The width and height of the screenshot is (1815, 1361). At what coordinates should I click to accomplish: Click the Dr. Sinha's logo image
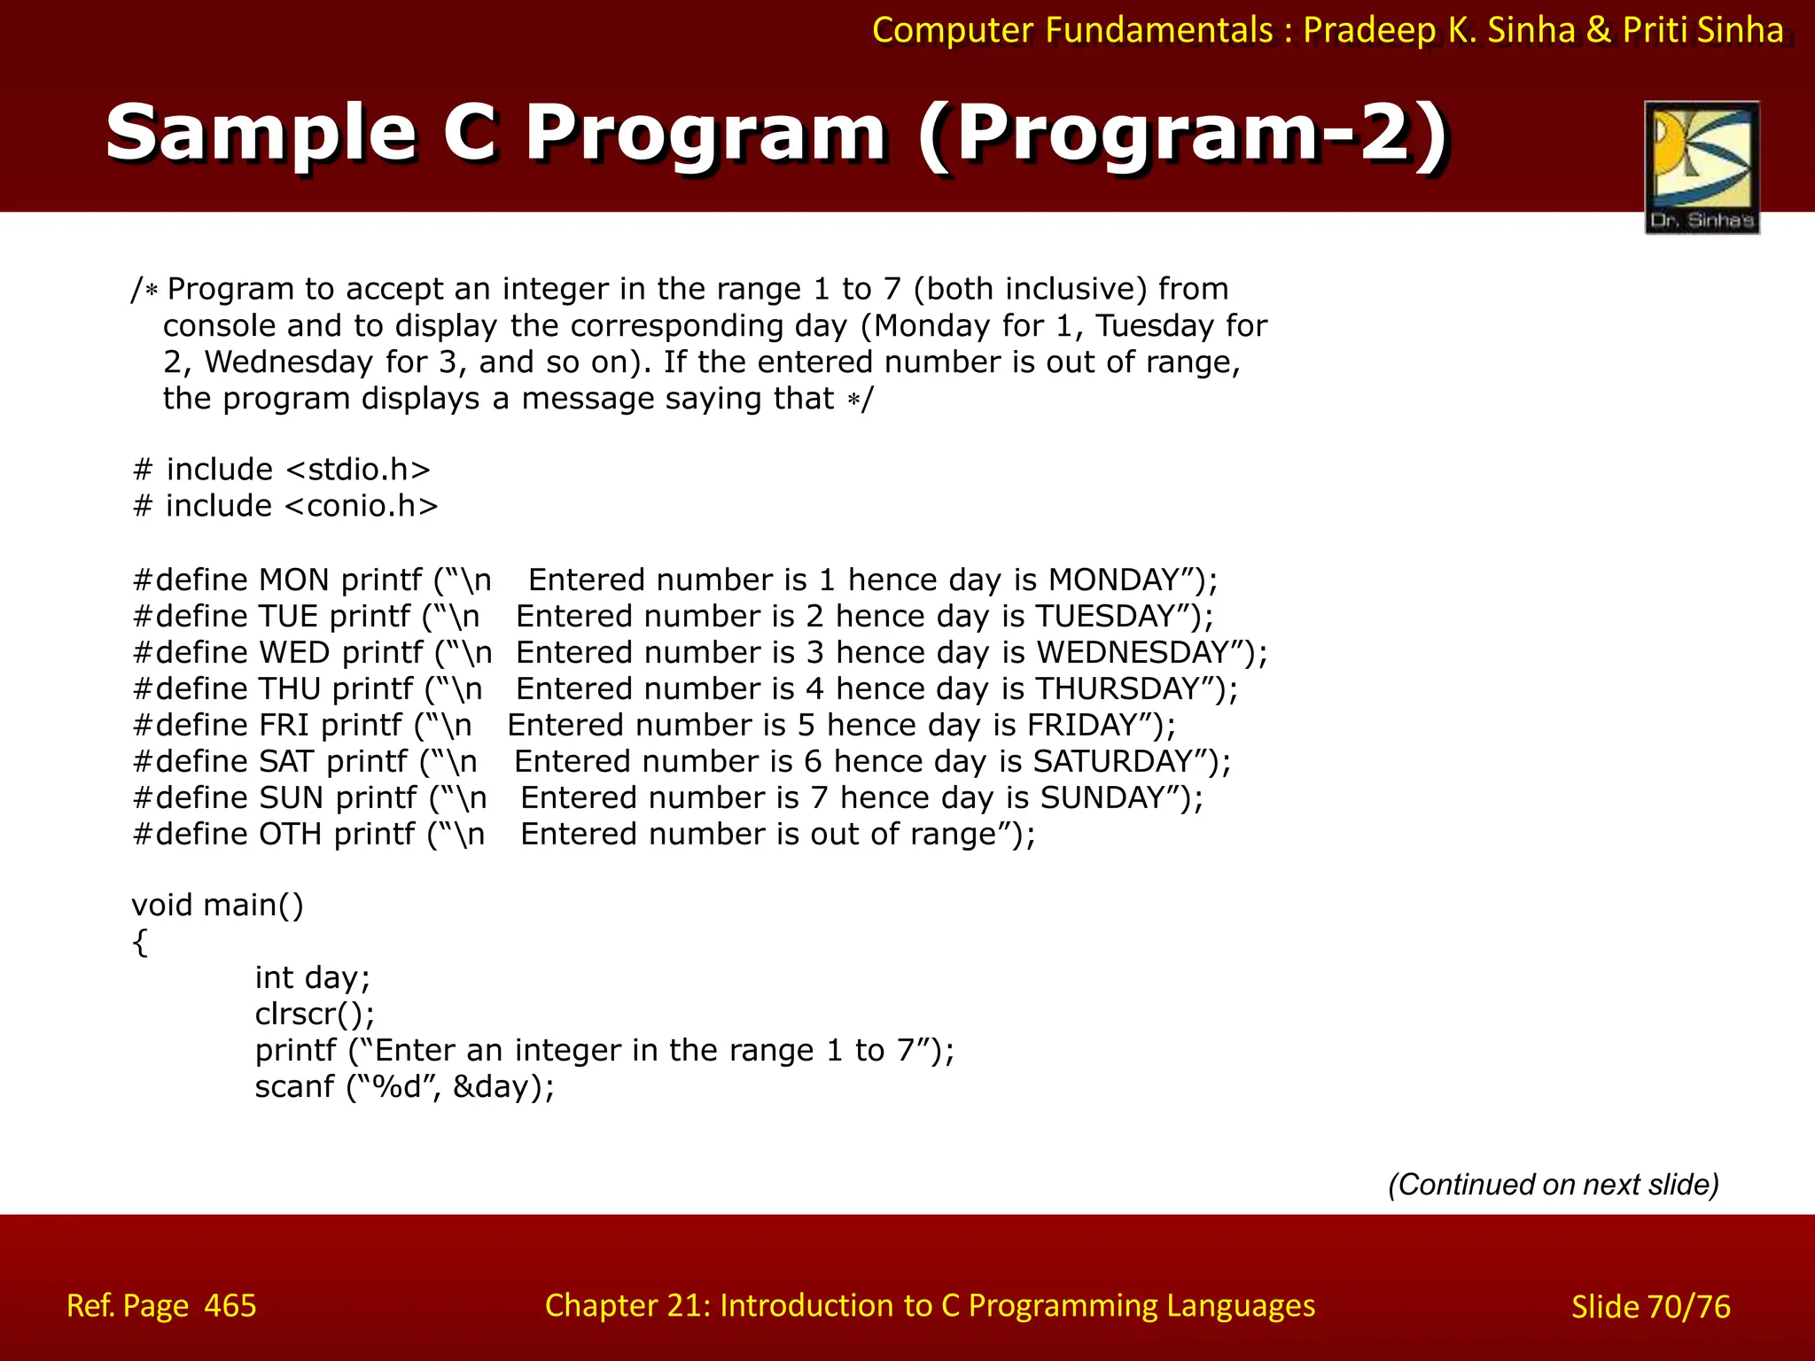click(x=1702, y=167)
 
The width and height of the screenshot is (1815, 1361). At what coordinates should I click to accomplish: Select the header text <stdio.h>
click(x=359, y=470)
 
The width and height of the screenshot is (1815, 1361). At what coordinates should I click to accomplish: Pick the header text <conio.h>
click(x=362, y=506)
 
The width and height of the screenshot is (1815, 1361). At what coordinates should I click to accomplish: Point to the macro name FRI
click(x=284, y=726)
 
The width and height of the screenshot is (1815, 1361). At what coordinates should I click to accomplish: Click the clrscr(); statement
click(x=315, y=1014)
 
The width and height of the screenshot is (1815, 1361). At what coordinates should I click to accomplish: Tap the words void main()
click(x=217, y=906)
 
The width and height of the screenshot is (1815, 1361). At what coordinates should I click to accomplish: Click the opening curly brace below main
click(x=139, y=943)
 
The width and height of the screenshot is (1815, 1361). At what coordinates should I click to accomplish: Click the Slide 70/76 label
click(x=1650, y=1307)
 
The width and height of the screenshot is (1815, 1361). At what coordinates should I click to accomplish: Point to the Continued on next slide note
click(x=1553, y=1185)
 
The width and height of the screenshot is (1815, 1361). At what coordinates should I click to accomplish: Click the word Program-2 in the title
click(x=1182, y=133)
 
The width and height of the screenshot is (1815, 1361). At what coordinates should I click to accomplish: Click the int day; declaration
click(x=312, y=977)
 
